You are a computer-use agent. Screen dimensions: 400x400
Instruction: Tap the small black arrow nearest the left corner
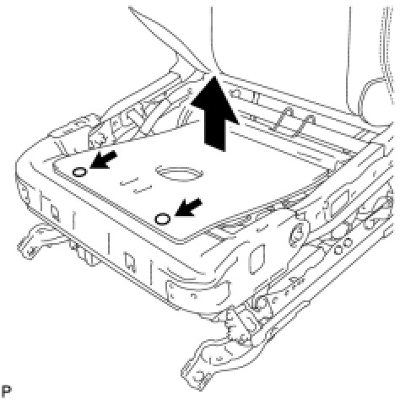pyautogui.click(x=103, y=160)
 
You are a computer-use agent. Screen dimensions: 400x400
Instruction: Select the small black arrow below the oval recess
pyautogui.click(x=188, y=208)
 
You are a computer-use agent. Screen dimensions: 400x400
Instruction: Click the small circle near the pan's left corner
pyautogui.click(x=79, y=172)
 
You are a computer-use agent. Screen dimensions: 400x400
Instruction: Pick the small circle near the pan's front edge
pyautogui.click(x=163, y=219)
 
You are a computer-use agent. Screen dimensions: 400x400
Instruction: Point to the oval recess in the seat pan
pyautogui.click(x=179, y=174)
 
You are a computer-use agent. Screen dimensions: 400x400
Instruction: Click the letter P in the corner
pyautogui.click(x=6, y=391)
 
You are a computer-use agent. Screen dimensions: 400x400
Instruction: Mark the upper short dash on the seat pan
pyautogui.click(x=129, y=181)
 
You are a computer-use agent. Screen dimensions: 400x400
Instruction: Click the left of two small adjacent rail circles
pyautogui.click(x=339, y=250)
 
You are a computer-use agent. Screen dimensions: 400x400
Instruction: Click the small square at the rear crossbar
pyautogui.click(x=237, y=93)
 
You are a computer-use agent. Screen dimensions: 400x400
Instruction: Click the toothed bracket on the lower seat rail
pyautogui.click(x=239, y=327)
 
